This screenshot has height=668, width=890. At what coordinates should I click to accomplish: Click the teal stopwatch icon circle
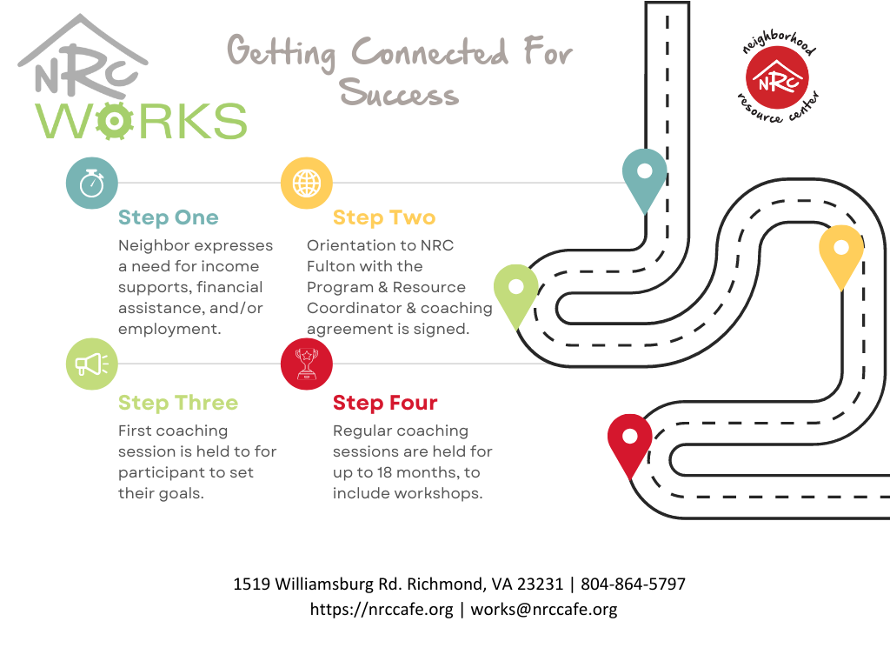[x=92, y=183]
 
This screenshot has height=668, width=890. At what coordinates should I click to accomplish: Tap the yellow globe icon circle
[x=307, y=183]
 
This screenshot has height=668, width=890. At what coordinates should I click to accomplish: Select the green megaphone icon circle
[x=92, y=364]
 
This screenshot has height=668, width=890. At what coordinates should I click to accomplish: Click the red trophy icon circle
[x=307, y=364]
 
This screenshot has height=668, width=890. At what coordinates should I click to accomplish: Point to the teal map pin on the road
[x=644, y=176]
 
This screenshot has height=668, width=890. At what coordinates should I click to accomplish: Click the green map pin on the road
[x=516, y=292]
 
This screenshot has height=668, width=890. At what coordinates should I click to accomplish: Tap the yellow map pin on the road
[x=841, y=253]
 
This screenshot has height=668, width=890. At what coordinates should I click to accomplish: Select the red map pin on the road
[x=630, y=442]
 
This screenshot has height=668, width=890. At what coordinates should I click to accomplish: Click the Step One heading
[x=168, y=217]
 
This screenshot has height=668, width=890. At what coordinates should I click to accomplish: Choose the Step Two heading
[x=383, y=217]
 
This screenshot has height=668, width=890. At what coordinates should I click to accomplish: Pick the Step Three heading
[x=178, y=403]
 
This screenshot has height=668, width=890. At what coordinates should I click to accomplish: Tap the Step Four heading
[x=385, y=403]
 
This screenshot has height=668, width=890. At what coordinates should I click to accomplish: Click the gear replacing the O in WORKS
[x=114, y=120]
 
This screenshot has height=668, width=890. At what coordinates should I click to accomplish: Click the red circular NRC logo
[x=777, y=77]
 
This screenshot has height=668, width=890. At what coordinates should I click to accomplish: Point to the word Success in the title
[x=399, y=92]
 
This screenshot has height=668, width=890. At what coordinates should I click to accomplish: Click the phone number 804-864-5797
[x=633, y=584]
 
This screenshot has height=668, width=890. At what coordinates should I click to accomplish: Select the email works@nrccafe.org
[x=544, y=610]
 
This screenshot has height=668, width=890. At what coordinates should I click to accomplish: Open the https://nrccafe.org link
[x=382, y=610]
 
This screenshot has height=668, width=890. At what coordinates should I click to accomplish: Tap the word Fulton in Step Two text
[x=329, y=266]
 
